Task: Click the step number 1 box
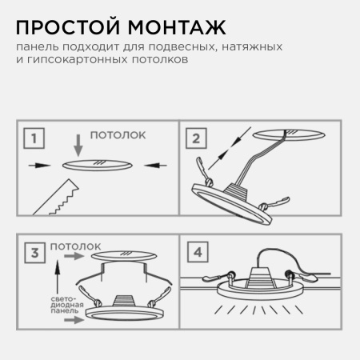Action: point(33,141)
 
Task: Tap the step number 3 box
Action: point(32,254)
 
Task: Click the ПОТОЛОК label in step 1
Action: point(117,136)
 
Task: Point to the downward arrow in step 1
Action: point(77,146)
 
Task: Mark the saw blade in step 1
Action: point(57,197)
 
